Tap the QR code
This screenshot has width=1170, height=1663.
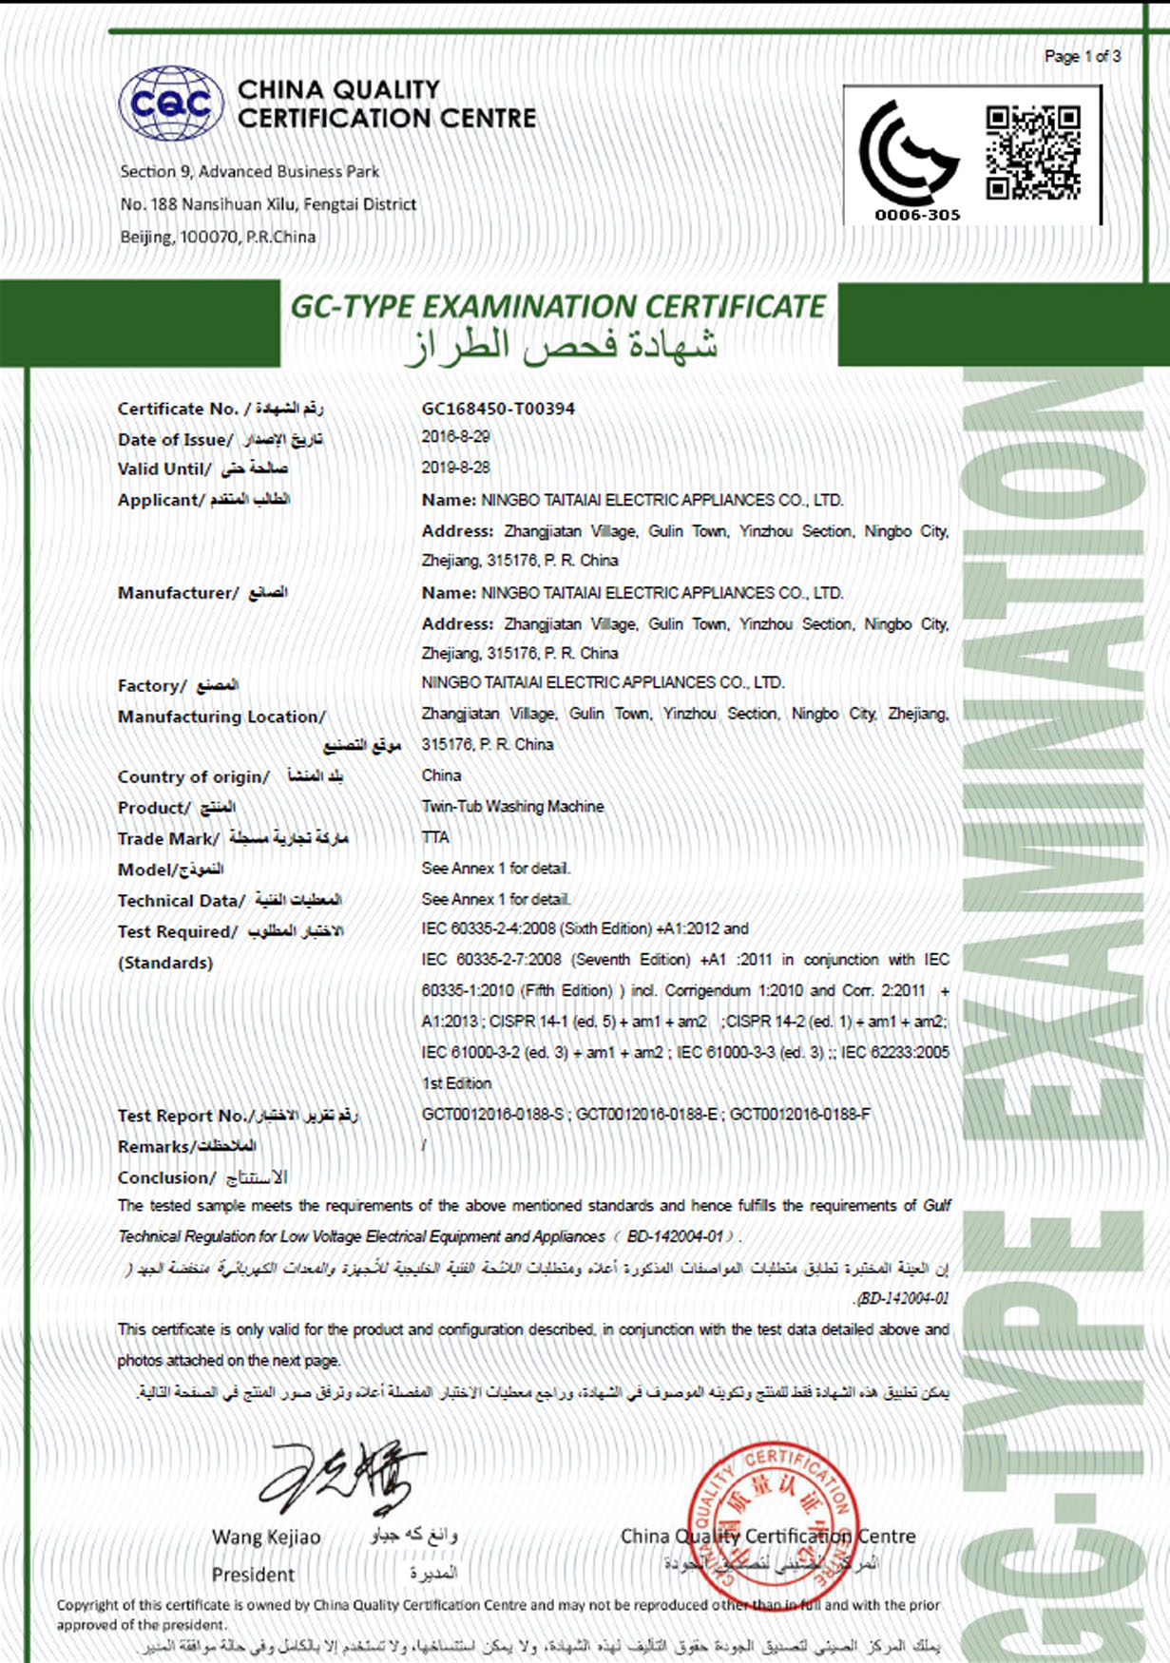1032,152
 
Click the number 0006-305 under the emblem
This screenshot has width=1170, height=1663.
917,216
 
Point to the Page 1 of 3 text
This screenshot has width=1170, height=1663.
1083,57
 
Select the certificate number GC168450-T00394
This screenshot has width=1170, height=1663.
498,409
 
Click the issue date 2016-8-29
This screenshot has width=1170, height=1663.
456,437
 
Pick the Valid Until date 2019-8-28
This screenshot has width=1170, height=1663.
456,468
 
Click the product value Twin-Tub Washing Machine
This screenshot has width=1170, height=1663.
512,807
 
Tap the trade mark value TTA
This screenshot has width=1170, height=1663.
435,837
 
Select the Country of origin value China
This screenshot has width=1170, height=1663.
441,775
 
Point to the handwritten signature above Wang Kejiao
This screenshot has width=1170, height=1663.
342,1477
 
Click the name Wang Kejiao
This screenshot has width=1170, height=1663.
266,1537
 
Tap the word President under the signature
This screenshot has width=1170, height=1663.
253,1575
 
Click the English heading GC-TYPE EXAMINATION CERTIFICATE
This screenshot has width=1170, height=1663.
558,307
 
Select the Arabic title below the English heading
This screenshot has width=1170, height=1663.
561,346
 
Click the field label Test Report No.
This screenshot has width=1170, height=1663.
182,1116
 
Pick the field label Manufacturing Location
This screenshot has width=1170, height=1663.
221,717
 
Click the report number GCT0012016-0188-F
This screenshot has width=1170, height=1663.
799,1114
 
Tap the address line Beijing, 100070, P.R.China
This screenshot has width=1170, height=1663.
218,237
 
